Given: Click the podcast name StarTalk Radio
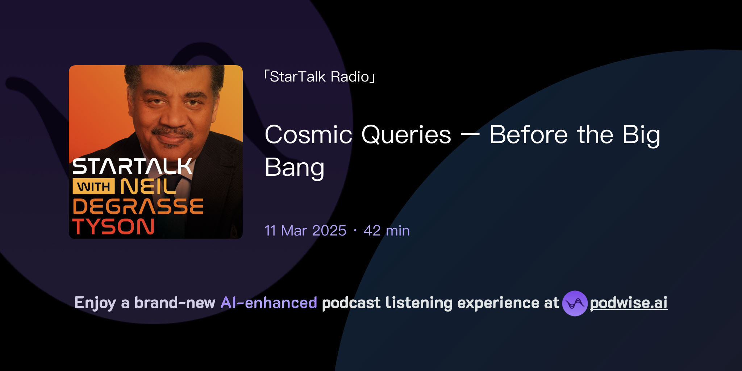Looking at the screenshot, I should (320, 77).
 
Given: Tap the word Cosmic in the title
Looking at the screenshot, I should (308, 135).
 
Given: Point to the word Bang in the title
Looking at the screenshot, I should (294, 168).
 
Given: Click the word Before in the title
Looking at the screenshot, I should (528, 135).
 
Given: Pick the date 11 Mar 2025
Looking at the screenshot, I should (305, 231).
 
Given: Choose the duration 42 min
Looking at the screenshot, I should (387, 231).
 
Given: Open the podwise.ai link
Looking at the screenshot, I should (629, 303).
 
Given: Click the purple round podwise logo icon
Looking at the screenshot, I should (575, 303).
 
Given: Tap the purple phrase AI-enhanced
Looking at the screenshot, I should (269, 303).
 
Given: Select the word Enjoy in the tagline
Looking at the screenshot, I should (95, 303).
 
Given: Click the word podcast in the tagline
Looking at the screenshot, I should (351, 303).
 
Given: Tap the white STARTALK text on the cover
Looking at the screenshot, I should (132, 167).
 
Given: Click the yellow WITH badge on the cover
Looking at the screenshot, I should (93, 187).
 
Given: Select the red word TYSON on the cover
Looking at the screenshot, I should (113, 227).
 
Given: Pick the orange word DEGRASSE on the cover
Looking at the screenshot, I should (138, 207).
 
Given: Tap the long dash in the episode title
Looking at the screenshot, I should (470, 135).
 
